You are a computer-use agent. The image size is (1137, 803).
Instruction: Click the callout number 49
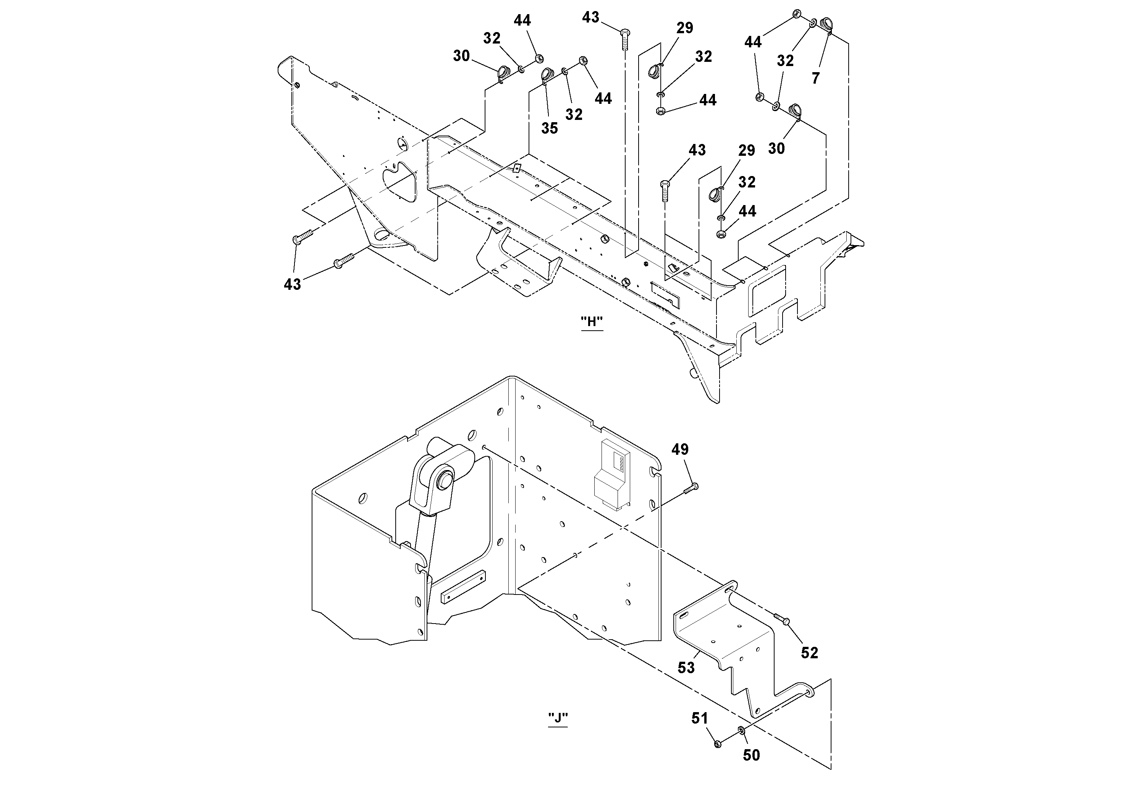click(x=679, y=449)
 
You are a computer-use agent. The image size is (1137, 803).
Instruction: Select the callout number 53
click(x=686, y=668)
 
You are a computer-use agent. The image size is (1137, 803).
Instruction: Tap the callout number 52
click(x=809, y=653)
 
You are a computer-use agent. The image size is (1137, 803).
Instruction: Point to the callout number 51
click(x=699, y=718)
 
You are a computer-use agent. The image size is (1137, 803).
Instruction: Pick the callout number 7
click(x=816, y=78)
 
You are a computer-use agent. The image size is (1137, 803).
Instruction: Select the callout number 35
click(x=549, y=128)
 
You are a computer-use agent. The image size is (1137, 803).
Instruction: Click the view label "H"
click(x=592, y=322)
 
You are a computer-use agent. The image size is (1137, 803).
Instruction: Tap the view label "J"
click(x=558, y=718)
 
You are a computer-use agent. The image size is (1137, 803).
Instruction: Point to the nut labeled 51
click(x=718, y=743)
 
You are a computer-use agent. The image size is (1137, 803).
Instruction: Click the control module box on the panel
click(x=612, y=474)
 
